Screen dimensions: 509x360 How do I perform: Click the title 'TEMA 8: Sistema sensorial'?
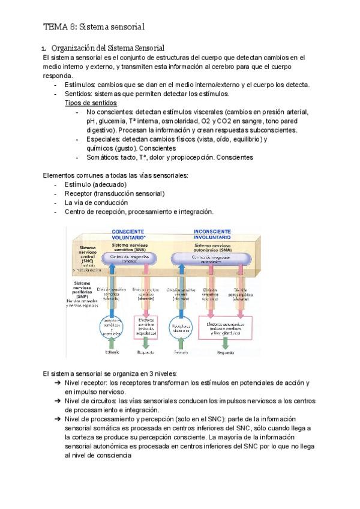click(x=94, y=26)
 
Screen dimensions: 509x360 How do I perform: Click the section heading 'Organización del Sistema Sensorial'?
click(x=108, y=47)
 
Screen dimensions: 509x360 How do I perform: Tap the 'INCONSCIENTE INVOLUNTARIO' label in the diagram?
click(x=212, y=234)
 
